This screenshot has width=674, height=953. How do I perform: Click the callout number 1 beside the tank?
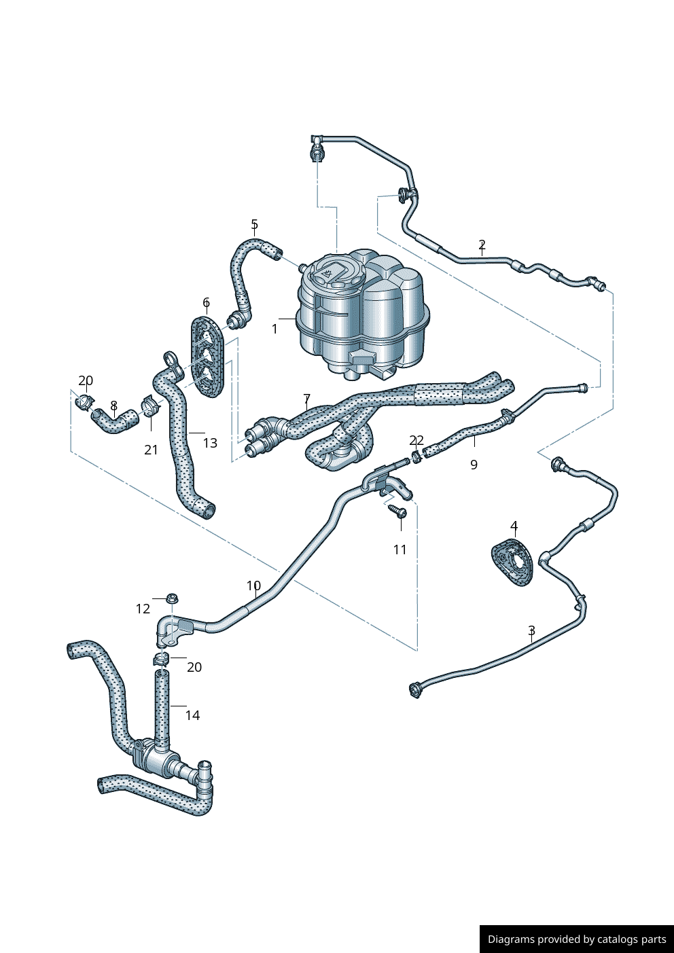(x=274, y=329)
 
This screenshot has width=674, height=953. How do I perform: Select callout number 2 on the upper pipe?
(x=482, y=245)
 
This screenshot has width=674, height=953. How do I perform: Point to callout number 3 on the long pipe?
(x=531, y=631)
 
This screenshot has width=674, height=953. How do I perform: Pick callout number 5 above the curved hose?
(x=254, y=224)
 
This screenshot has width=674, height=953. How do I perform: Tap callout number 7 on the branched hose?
(x=306, y=399)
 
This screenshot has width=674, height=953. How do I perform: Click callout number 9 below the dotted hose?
(x=474, y=465)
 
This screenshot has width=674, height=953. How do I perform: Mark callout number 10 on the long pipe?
(x=253, y=586)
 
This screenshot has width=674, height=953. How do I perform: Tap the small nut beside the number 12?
(x=171, y=599)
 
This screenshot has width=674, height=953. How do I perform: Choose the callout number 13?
(x=210, y=443)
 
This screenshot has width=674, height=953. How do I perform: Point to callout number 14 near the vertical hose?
(x=192, y=715)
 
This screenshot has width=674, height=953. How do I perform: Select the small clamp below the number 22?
(x=416, y=454)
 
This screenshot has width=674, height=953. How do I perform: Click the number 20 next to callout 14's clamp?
(x=194, y=667)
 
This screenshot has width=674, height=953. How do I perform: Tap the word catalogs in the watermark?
(x=618, y=939)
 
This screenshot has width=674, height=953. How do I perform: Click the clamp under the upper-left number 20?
(x=85, y=401)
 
